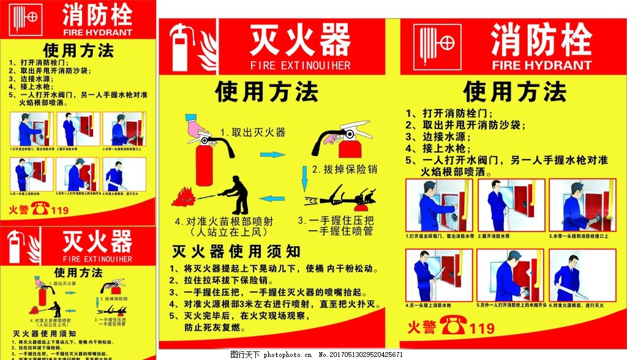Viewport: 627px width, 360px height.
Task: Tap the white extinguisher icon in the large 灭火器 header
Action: click(x=179, y=48)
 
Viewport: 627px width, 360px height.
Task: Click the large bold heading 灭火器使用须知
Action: click(x=236, y=252)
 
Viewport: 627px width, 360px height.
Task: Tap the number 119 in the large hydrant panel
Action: click(x=482, y=329)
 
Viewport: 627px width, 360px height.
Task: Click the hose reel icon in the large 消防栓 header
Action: click(x=437, y=46)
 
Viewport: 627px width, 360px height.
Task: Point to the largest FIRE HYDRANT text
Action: click(x=542, y=65)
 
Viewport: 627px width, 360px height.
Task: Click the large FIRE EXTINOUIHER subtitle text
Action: click(x=300, y=65)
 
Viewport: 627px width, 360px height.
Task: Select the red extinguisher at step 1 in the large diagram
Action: click(x=203, y=162)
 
